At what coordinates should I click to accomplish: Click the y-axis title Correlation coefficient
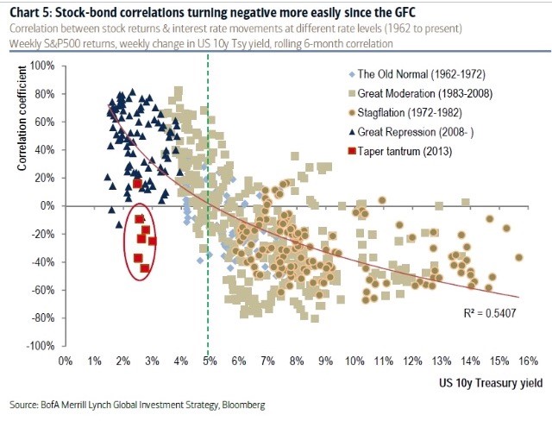coord(22,127)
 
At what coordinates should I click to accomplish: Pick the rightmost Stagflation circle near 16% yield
coord(518,257)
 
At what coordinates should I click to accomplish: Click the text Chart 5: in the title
coord(29,11)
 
